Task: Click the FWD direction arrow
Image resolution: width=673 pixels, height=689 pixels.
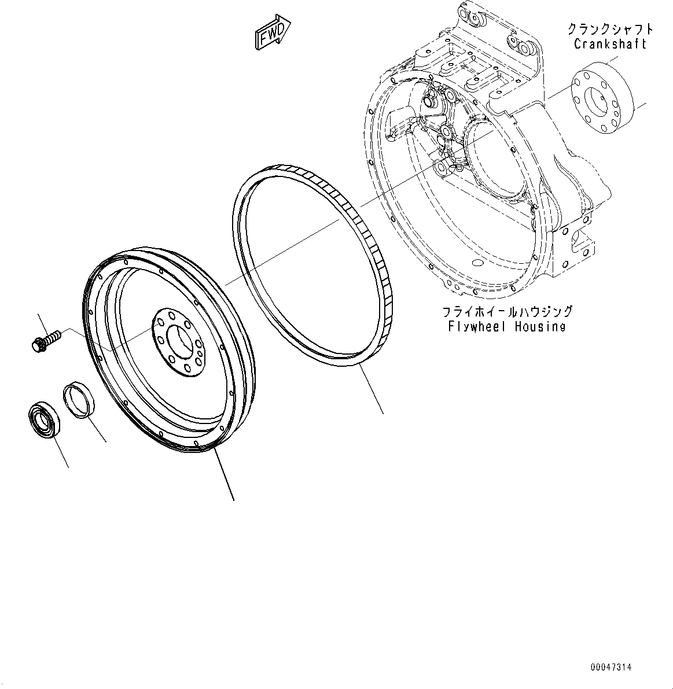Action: point(273,34)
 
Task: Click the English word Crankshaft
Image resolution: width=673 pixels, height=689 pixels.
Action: point(610,44)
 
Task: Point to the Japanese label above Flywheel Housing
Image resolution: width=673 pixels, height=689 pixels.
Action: point(507,312)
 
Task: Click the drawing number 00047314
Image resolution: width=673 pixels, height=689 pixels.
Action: point(611,668)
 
